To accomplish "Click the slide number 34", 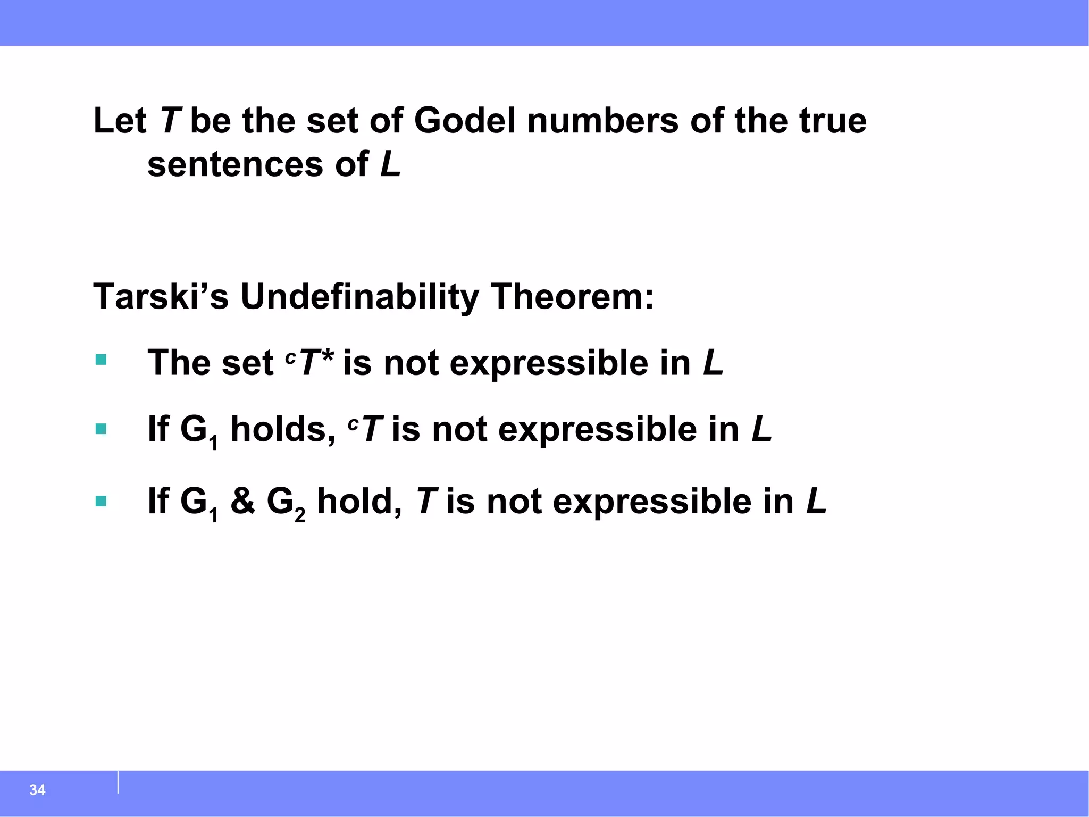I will [x=37, y=789].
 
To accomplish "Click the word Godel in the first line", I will [x=465, y=121].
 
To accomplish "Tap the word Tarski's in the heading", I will [x=161, y=296].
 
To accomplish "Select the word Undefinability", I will [x=359, y=296].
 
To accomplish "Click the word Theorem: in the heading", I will [x=572, y=296].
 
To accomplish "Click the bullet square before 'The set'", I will [x=101, y=360].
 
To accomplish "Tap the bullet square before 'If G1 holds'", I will [x=101, y=429].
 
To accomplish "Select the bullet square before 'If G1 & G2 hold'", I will [x=101, y=501].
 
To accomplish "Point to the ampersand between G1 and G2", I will [x=242, y=501].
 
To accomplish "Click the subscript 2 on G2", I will [x=300, y=515].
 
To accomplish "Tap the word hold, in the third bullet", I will [x=359, y=501].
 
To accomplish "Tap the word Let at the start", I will [x=120, y=121].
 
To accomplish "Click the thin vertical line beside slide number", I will [x=118, y=782].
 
